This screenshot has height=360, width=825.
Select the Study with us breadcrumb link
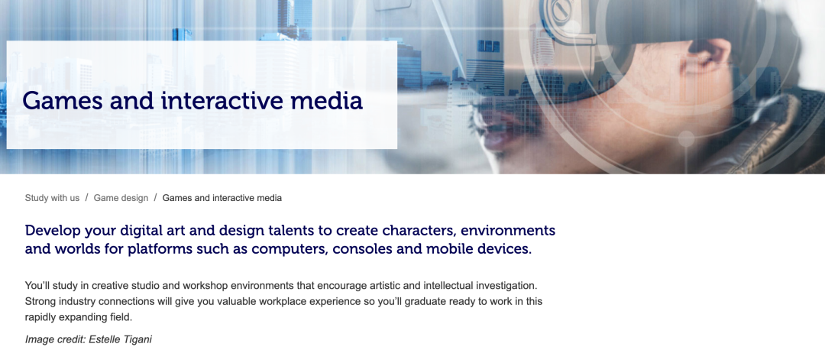tap(52, 198)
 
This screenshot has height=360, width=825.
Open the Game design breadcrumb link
tap(121, 198)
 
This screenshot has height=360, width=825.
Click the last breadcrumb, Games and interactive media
tap(222, 198)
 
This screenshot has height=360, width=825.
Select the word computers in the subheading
tap(296, 249)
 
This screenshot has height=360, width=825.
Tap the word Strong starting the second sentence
tap(39, 302)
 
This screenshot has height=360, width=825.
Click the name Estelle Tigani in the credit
tap(121, 339)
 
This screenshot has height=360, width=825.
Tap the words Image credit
tap(55, 339)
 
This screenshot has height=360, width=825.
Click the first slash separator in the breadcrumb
tap(87, 198)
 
